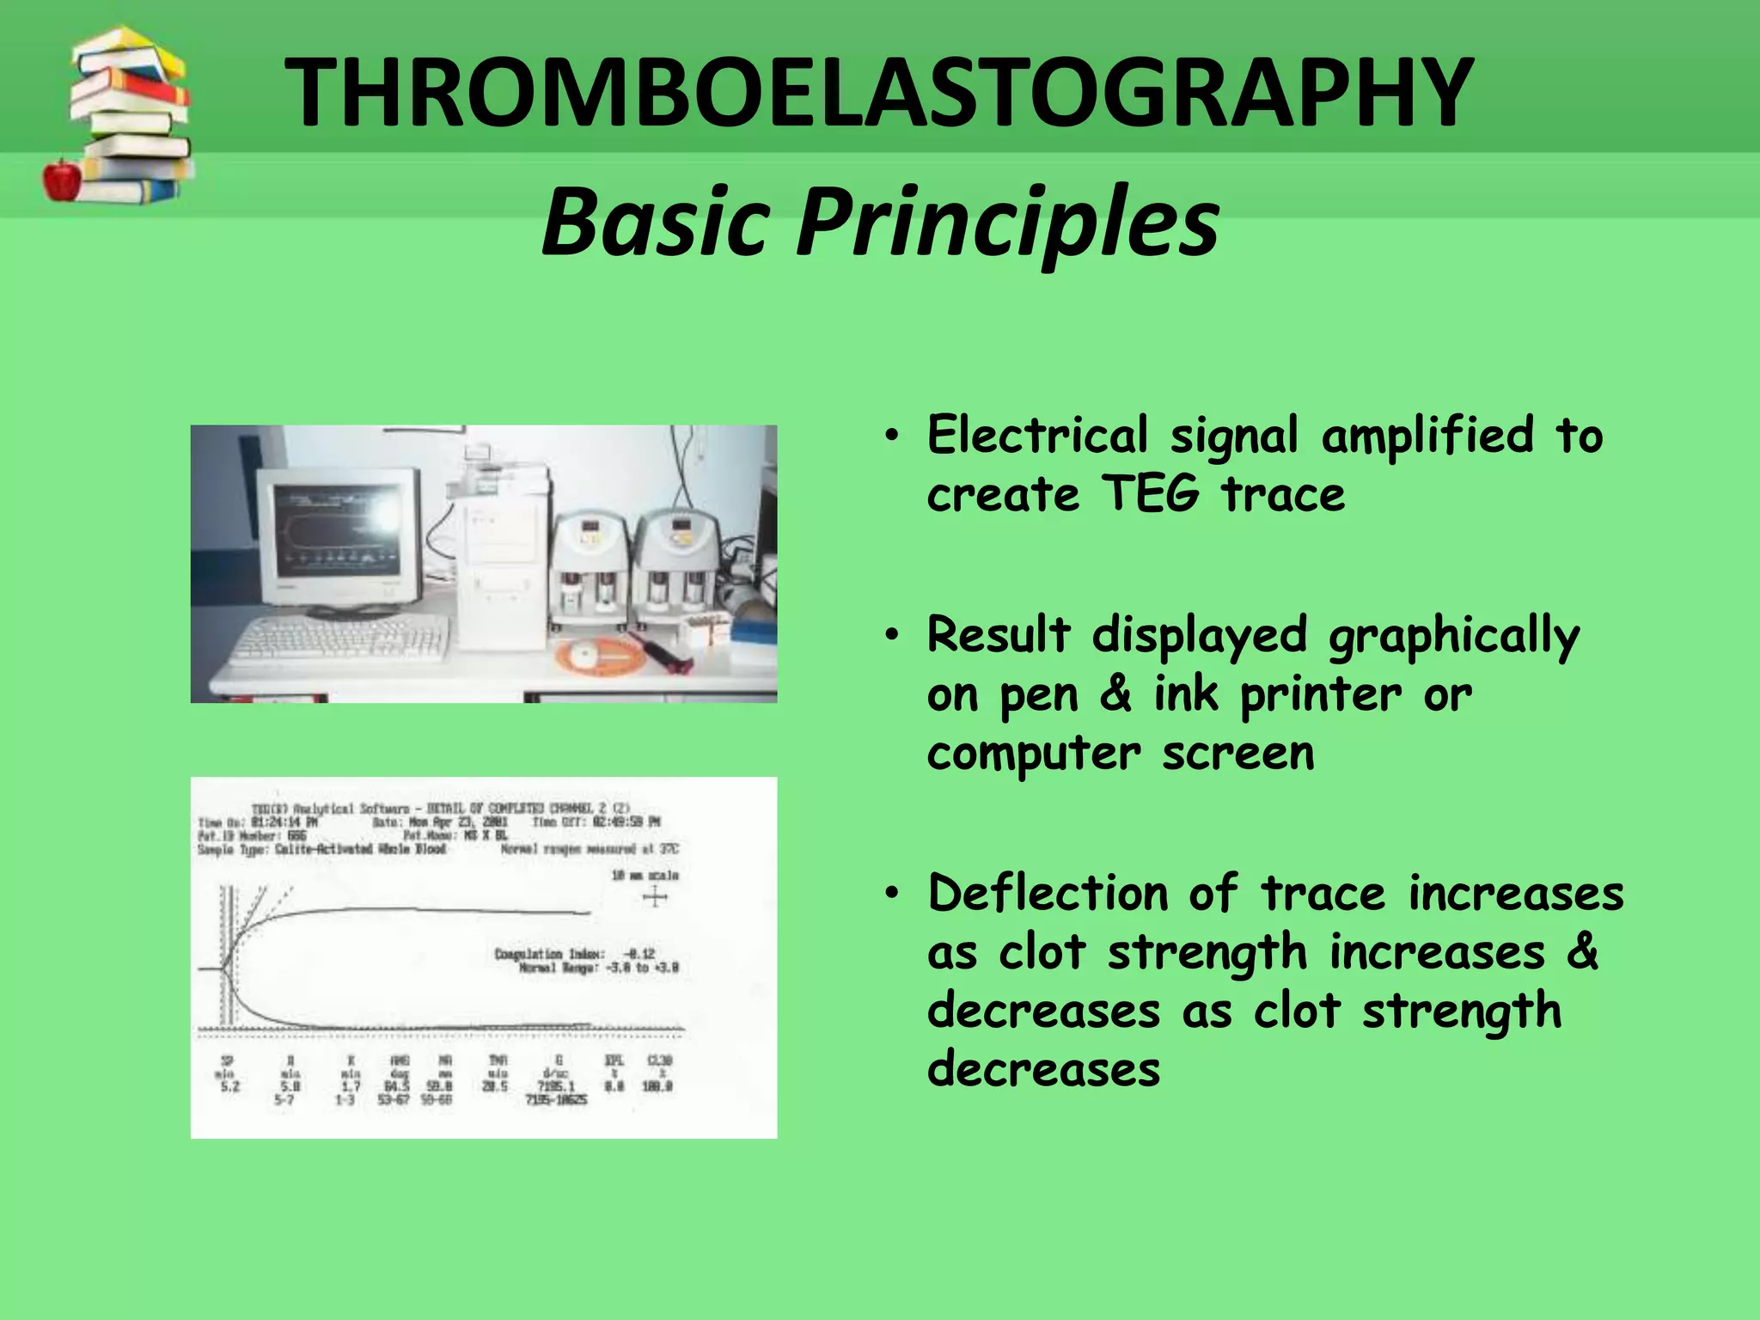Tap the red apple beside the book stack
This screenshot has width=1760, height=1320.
[62, 179]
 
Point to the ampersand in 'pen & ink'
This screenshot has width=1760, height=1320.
[1115, 694]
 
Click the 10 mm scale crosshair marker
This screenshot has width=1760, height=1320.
[655, 898]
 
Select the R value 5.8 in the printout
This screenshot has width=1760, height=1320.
[290, 1086]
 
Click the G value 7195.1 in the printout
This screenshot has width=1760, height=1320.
[556, 1086]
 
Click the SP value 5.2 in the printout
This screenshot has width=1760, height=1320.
[229, 1086]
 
